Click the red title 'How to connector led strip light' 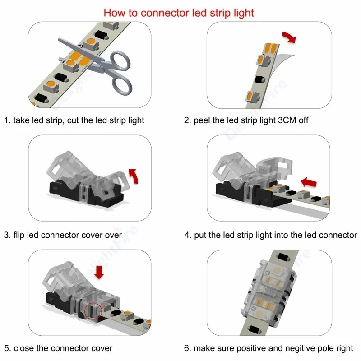pyautogui.click(x=179, y=12)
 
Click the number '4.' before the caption pyautogui.click(x=188, y=235)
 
